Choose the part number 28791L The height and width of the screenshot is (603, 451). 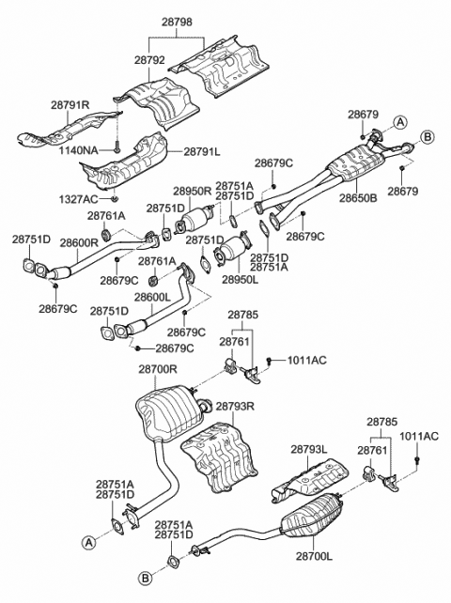202,150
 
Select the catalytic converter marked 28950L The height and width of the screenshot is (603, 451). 231,255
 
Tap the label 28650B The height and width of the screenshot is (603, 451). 358,198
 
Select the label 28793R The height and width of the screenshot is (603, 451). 236,408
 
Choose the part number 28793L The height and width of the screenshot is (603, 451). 309,450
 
